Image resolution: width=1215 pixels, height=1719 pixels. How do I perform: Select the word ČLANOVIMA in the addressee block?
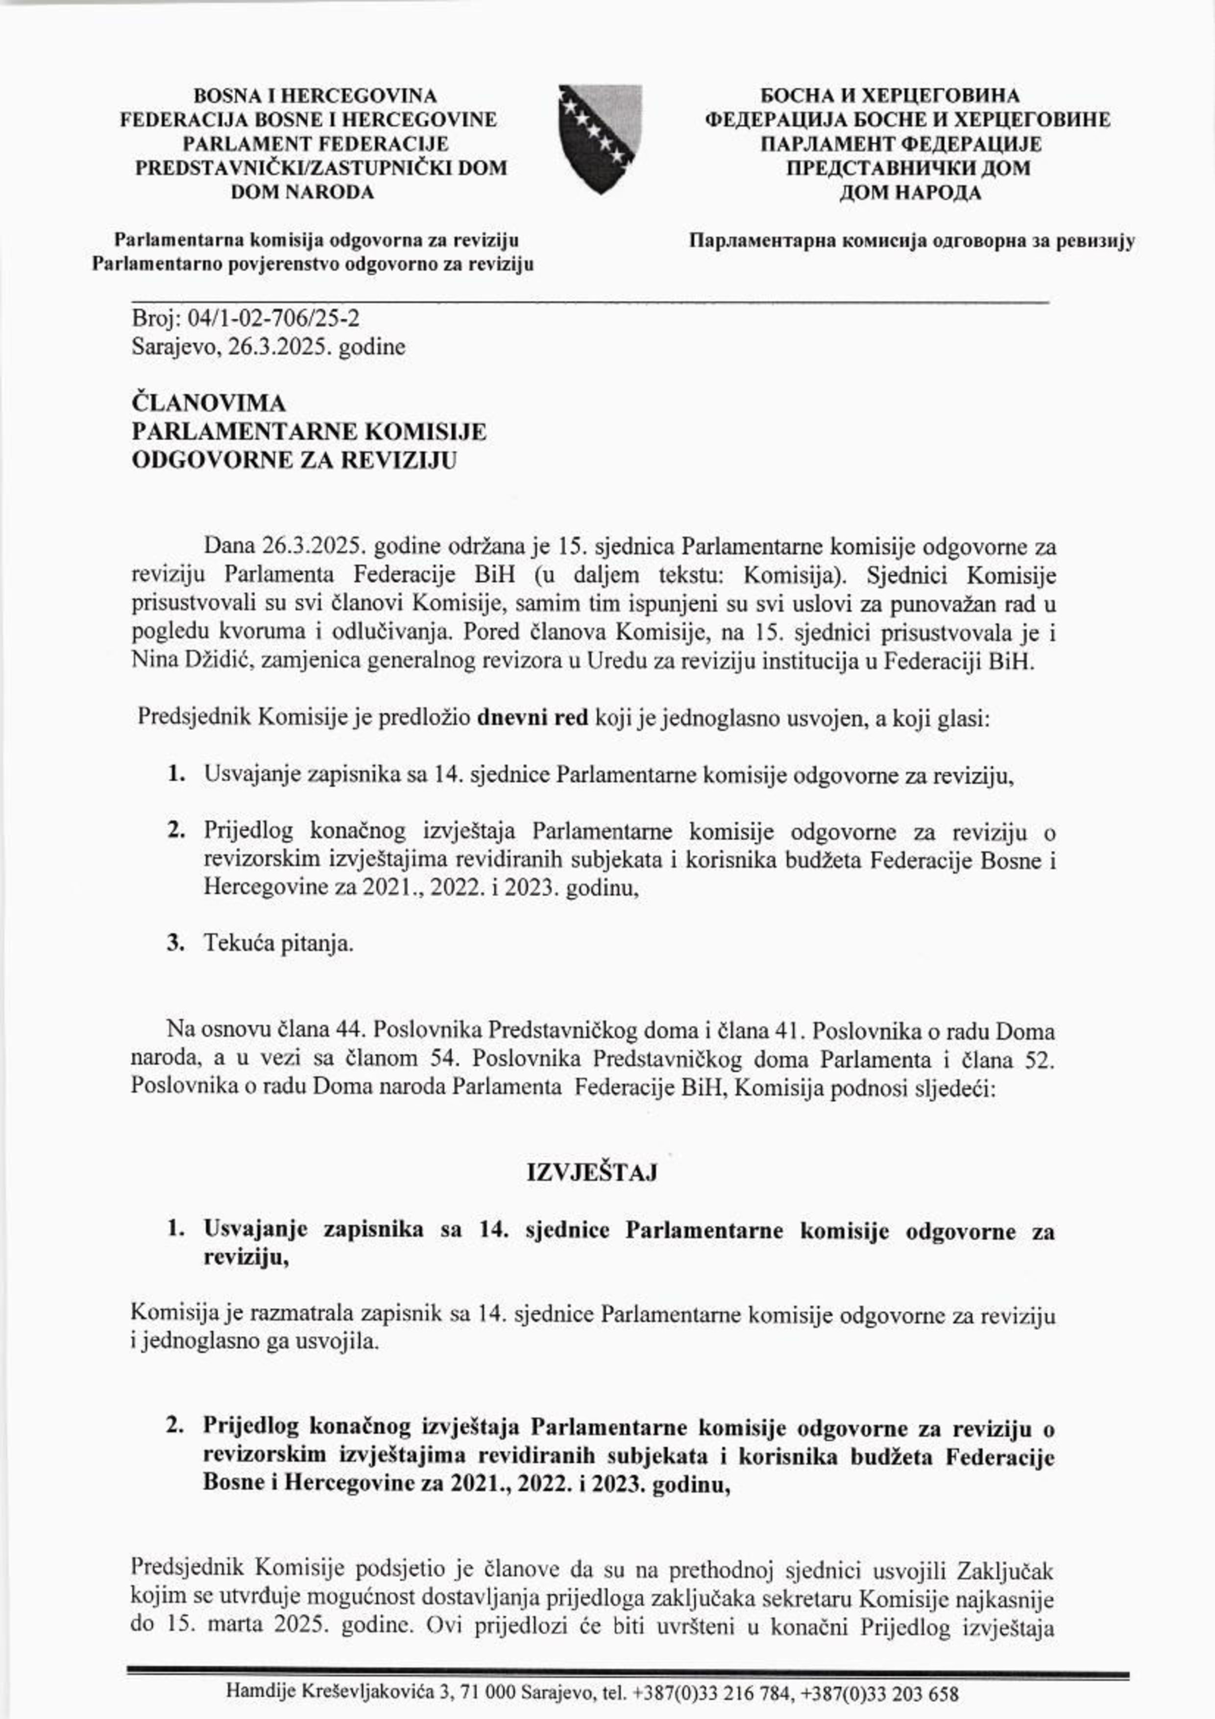(209, 404)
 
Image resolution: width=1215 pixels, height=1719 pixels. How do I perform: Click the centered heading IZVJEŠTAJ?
(592, 1172)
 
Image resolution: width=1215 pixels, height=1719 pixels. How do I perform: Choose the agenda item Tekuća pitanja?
(278, 943)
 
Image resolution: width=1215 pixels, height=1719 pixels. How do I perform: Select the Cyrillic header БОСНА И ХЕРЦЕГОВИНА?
(890, 96)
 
